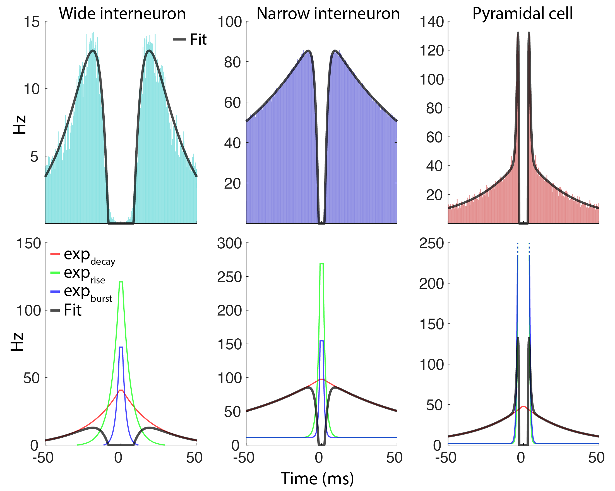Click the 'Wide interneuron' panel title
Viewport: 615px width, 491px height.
(x=122, y=13)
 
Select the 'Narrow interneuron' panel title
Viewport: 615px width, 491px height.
(x=328, y=13)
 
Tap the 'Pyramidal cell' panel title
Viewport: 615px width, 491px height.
(x=522, y=13)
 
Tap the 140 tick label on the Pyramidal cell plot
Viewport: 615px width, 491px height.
(x=432, y=22)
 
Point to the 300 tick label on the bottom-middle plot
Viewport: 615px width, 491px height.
(x=229, y=244)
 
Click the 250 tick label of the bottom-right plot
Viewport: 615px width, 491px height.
(x=431, y=244)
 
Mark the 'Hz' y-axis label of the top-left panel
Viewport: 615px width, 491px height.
(x=20, y=125)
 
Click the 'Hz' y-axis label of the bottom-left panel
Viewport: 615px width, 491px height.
(x=17, y=341)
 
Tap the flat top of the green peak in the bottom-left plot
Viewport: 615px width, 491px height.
(x=121, y=282)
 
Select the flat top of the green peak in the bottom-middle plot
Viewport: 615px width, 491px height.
(x=321, y=264)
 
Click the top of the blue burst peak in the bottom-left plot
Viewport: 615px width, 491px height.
(x=121, y=347)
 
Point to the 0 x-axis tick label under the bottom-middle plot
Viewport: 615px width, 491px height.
(x=319, y=458)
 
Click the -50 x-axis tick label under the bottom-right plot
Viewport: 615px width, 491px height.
(x=446, y=458)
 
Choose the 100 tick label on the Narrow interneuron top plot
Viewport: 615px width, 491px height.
(x=230, y=22)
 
